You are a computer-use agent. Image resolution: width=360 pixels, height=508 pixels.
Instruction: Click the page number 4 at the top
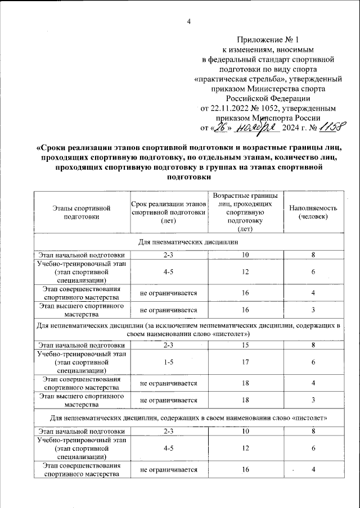pos(189,22)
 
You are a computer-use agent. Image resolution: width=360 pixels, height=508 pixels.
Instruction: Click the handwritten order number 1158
pos(331,128)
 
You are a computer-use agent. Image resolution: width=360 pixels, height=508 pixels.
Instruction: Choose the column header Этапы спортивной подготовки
pos(82,212)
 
